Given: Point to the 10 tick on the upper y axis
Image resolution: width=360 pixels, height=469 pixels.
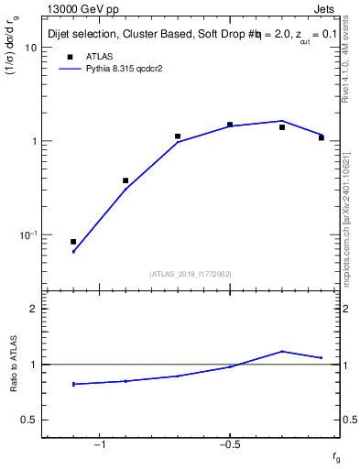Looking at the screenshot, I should (x=32, y=48).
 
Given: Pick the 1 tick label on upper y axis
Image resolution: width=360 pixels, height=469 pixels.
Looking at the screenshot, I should (x=34, y=142).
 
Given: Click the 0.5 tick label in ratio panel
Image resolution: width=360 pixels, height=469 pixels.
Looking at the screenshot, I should (x=29, y=420).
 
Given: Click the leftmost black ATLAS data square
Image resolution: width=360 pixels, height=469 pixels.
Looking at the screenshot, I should (x=73, y=242).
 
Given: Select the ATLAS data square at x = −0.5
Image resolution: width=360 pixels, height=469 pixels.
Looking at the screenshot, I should (x=230, y=125).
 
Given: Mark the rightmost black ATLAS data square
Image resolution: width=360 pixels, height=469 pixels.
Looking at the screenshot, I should (x=322, y=137).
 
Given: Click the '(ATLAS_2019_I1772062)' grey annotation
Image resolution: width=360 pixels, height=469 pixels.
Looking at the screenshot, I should (x=191, y=273).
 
